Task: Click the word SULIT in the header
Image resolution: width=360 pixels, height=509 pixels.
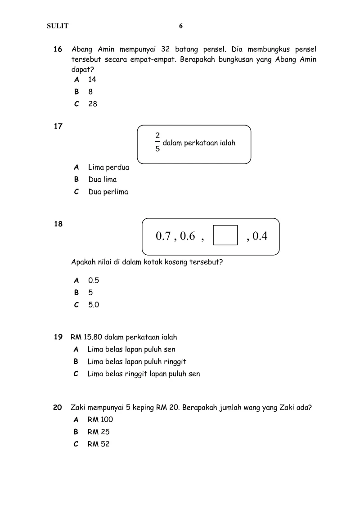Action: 58,26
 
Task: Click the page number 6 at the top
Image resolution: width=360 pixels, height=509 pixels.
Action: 181,26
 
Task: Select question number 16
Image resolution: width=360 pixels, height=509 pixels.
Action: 58,49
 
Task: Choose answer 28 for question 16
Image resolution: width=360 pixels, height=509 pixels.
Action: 93,104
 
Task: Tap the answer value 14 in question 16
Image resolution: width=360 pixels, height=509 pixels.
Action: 92,80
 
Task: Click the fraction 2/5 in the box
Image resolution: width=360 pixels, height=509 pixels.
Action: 157,142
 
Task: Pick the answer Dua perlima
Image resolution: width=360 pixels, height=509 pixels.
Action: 108,192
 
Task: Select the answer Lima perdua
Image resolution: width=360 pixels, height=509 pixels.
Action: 108,167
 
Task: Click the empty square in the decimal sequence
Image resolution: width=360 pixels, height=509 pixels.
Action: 225,236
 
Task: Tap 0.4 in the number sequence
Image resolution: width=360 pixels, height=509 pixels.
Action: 260,236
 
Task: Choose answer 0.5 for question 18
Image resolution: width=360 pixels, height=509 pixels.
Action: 94,280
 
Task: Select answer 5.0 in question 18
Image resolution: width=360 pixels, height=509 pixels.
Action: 94,305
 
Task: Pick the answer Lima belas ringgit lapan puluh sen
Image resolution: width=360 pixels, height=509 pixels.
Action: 144,374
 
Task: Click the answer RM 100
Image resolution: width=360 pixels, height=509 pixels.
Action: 100,419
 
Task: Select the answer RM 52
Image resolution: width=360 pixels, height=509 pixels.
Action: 99,444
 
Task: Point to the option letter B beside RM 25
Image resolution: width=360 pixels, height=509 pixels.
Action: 76,432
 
